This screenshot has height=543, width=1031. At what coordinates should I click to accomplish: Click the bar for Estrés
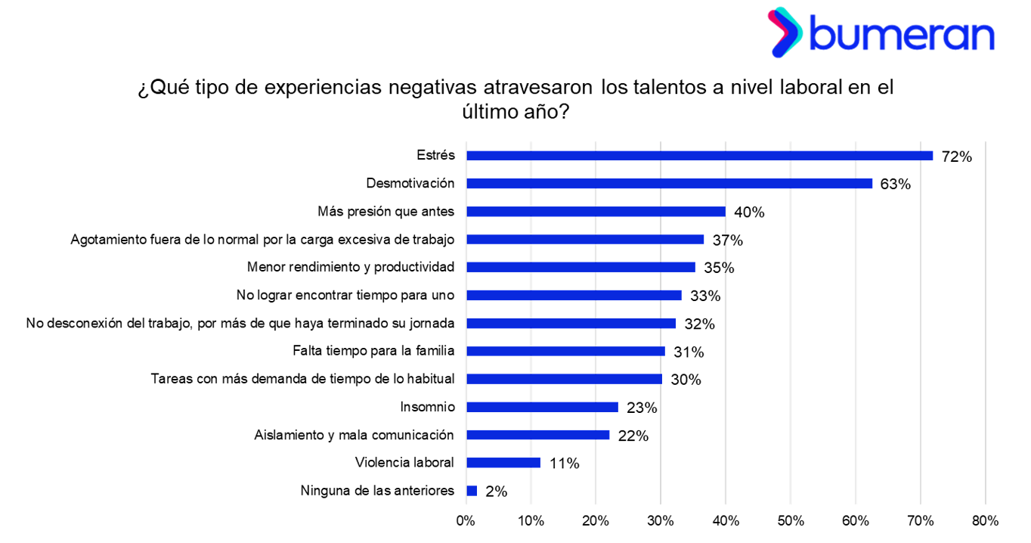(x=699, y=156)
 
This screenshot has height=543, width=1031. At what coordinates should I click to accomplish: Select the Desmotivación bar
(x=669, y=183)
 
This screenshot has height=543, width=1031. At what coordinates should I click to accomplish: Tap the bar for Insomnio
(x=542, y=407)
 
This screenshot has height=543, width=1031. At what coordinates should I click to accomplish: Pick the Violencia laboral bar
(x=503, y=463)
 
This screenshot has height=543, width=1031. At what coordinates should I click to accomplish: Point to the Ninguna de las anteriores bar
(x=472, y=491)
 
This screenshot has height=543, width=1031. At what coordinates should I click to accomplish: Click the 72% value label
(x=956, y=157)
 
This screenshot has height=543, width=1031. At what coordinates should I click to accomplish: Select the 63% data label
(x=896, y=185)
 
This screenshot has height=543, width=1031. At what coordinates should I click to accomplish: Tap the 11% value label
(x=564, y=464)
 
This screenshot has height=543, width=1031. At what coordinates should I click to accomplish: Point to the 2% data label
(x=496, y=492)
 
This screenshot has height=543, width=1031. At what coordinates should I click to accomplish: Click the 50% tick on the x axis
(x=790, y=521)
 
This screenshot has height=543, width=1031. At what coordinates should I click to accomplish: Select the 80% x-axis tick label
(x=984, y=521)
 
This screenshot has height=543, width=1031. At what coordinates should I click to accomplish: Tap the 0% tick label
(x=465, y=521)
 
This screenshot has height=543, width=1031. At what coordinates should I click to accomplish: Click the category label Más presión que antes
(x=385, y=211)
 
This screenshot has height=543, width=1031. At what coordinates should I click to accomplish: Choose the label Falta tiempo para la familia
(x=373, y=351)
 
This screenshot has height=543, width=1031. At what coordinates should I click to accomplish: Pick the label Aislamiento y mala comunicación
(x=354, y=435)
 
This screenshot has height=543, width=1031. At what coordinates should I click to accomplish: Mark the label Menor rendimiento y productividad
(x=351, y=267)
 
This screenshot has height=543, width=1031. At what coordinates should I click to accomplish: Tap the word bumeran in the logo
(x=903, y=34)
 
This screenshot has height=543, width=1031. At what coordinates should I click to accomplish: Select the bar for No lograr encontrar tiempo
(x=574, y=295)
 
